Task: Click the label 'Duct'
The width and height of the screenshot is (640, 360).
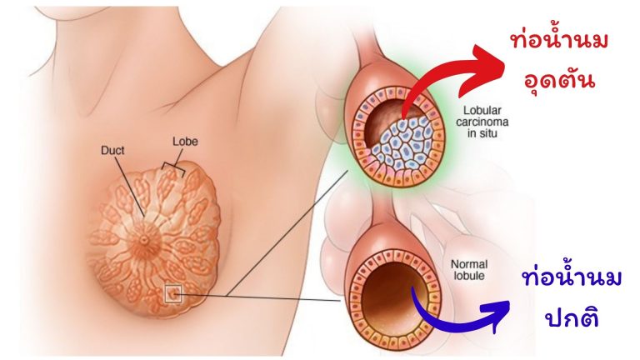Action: pos(112,150)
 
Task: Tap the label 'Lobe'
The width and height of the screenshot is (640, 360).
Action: pos(185,141)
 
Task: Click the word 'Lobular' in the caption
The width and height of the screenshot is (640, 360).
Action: pos(482,110)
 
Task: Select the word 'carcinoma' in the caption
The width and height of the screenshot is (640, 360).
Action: pos(482,122)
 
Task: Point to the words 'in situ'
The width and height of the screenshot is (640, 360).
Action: pos(482,133)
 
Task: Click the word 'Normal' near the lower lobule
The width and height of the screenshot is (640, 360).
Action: pos(469,264)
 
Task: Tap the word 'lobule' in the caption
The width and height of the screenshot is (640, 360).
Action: pos(469,276)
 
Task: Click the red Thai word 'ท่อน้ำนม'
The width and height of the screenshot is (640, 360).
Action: pos(559,41)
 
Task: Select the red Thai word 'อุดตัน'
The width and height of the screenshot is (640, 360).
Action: pos(558,79)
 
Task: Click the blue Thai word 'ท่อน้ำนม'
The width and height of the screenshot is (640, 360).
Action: pos(572,279)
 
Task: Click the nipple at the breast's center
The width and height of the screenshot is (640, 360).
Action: pos(144,240)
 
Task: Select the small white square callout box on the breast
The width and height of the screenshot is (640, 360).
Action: pos(172,294)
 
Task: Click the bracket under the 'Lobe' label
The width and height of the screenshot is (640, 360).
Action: pos(173,167)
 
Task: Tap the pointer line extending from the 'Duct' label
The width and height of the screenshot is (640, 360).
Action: pos(129,186)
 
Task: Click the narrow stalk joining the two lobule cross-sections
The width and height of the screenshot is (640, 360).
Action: pos(383,209)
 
